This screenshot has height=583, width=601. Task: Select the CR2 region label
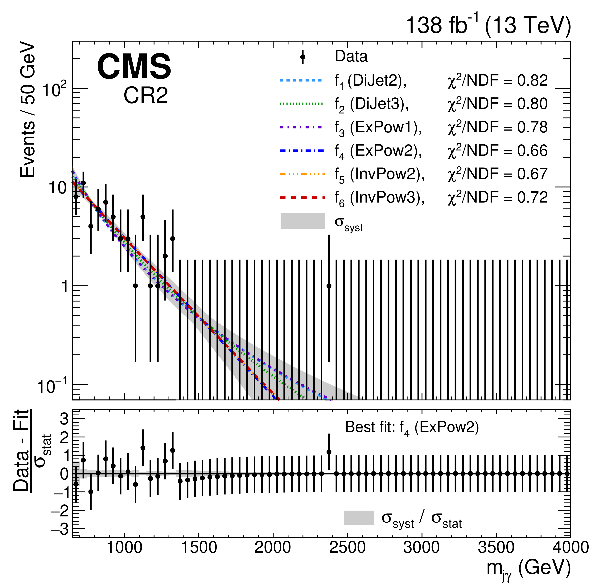pos(146,95)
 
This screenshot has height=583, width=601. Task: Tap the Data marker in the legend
pos(303,57)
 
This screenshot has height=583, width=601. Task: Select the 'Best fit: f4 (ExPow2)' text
pos(412,428)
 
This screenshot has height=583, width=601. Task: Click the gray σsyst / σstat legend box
pos(359,518)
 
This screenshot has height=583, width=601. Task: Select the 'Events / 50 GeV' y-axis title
pos(28,110)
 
